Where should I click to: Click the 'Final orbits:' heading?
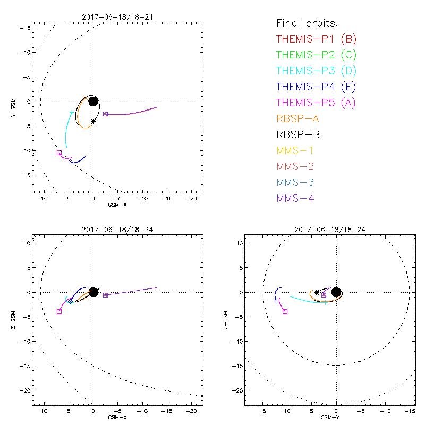coord(307,23)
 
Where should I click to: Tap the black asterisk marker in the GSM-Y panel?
coord(317,292)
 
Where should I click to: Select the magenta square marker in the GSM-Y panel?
coord(285,311)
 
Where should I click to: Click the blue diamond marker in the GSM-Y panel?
coord(276,301)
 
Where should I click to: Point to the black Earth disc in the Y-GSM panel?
coord(93,101)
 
